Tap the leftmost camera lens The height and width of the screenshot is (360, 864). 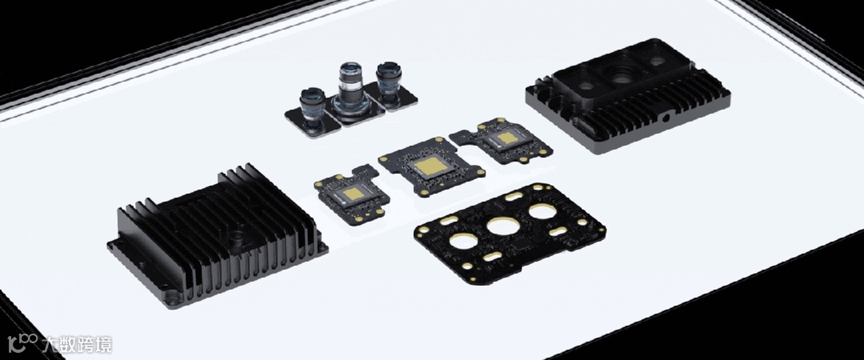point(314,109)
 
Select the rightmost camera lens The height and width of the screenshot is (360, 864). point(389,82)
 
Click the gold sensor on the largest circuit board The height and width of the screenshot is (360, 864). point(430,166)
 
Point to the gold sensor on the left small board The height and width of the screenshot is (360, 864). point(354,193)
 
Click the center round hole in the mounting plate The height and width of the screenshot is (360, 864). point(503,226)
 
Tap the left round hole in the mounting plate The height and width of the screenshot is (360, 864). point(464,240)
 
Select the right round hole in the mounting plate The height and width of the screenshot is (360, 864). point(542,211)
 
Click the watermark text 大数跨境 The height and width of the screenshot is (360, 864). point(77,345)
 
